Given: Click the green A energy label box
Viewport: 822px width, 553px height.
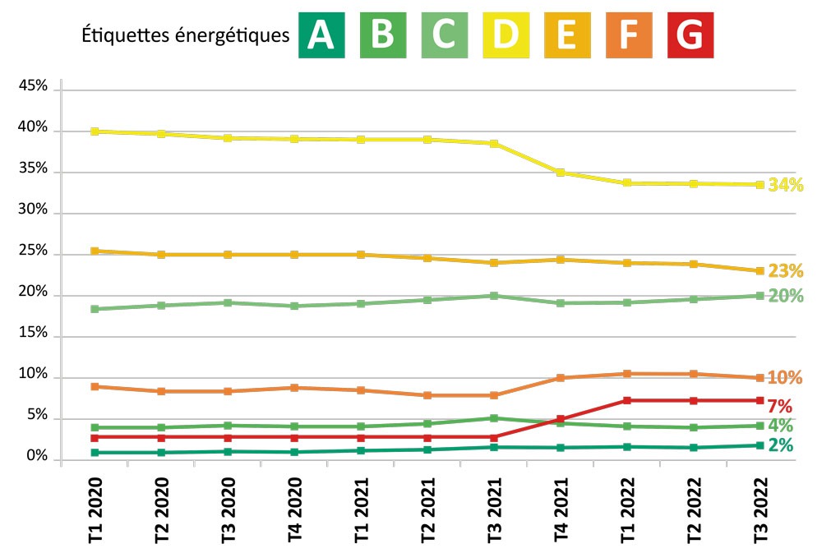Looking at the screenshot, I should (321, 35).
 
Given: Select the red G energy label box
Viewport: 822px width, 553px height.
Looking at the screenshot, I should (691, 35).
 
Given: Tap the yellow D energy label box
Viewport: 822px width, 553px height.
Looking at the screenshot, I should (506, 35).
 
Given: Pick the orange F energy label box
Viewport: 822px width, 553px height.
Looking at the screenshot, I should (630, 35).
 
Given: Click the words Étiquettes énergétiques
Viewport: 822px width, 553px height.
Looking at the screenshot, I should (186, 36).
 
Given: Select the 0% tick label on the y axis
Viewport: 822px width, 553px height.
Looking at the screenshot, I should (36, 457).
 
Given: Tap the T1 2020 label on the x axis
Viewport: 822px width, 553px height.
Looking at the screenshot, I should (95, 512).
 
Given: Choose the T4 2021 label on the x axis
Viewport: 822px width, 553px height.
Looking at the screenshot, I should (561, 512).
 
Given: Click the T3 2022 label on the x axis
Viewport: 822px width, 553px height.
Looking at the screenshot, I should (761, 512).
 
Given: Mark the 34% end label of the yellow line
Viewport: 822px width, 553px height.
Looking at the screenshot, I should (785, 186).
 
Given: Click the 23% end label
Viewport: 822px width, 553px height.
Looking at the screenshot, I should (785, 271).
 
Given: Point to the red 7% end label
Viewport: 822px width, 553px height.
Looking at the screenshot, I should (779, 406).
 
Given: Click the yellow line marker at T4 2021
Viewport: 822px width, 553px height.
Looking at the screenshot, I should (561, 173).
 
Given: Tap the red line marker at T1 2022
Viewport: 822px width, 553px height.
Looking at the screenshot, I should (627, 401).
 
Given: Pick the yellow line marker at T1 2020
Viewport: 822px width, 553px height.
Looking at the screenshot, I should (95, 131).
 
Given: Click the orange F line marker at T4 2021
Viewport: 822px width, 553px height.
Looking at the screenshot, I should (561, 378).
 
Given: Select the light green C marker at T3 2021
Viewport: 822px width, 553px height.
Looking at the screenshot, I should (494, 296).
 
